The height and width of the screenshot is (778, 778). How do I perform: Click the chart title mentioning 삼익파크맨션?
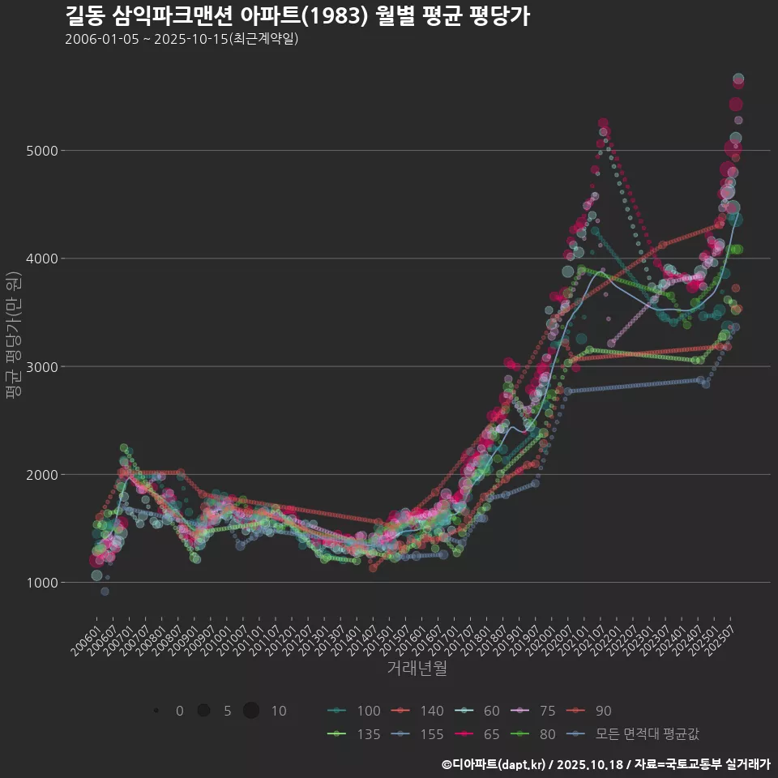(297, 16)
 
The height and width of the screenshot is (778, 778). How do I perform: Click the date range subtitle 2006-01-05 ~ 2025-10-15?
(182, 39)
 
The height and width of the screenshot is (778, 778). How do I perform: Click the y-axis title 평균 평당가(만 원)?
(13, 335)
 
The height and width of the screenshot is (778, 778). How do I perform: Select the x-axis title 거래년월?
(417, 669)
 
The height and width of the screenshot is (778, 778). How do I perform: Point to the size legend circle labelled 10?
(252, 711)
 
